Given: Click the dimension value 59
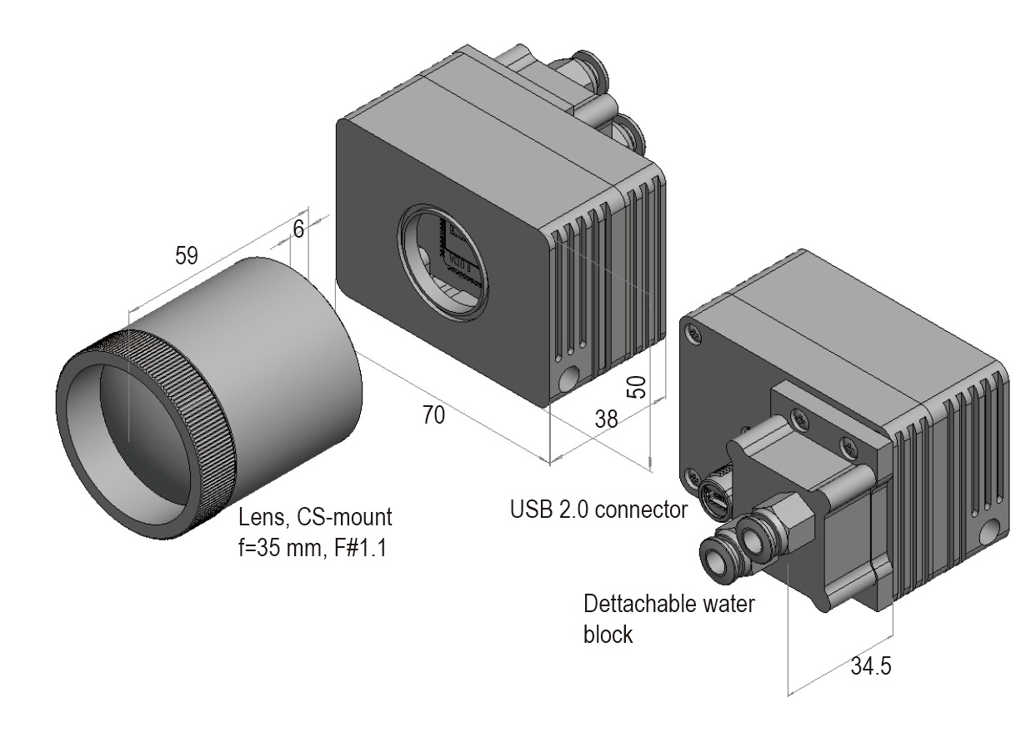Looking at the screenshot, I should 186,256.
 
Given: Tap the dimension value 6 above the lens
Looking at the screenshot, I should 298,228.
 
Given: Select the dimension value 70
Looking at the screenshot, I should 433,414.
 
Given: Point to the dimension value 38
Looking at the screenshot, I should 607,419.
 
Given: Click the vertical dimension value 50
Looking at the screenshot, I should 636,386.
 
